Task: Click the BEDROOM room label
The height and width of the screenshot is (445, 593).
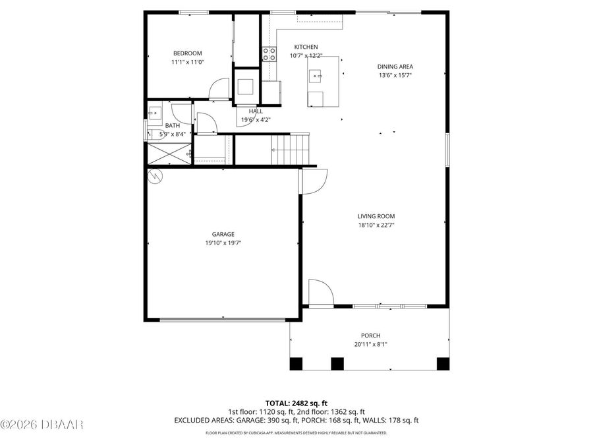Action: point(187,53)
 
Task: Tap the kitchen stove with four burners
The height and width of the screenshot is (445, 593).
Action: point(269,54)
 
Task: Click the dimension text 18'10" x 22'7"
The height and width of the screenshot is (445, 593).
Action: point(376,225)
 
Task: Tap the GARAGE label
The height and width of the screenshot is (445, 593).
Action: point(223,234)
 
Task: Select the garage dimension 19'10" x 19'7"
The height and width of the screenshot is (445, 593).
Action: point(223,243)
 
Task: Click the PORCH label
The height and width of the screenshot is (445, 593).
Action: point(370,336)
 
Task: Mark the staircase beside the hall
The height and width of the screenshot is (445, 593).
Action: point(291,149)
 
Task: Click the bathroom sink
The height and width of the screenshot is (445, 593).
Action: point(154,113)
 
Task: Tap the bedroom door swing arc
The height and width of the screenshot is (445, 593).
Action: point(219,88)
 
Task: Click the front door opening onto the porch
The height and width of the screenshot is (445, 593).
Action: point(321,293)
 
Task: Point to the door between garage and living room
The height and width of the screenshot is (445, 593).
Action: point(314,181)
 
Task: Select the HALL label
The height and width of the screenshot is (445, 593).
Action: point(256,111)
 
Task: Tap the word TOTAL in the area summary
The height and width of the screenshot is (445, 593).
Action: point(277,402)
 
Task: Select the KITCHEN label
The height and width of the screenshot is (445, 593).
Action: point(306,47)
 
